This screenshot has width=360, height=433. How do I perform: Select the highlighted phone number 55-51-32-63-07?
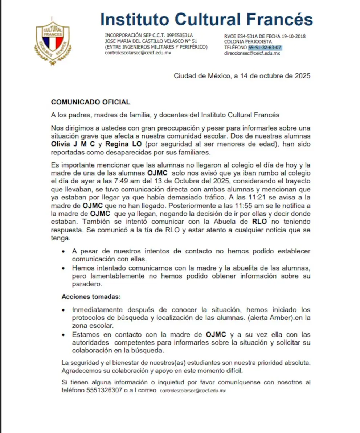coord(265,48)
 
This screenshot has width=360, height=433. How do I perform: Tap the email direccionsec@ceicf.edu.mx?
coord(252,53)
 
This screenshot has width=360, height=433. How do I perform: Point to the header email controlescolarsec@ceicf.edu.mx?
coord(138,53)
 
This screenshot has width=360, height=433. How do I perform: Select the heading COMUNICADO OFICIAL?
coord(90,103)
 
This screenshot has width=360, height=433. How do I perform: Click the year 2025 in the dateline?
coord(302,76)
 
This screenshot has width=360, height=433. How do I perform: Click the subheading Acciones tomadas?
coord(91,297)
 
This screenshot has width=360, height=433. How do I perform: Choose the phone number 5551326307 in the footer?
coord(104,391)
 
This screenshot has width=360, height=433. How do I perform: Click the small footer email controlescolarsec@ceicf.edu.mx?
coord(193,391)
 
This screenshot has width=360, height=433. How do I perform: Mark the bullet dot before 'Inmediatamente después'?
coord(64,310)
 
